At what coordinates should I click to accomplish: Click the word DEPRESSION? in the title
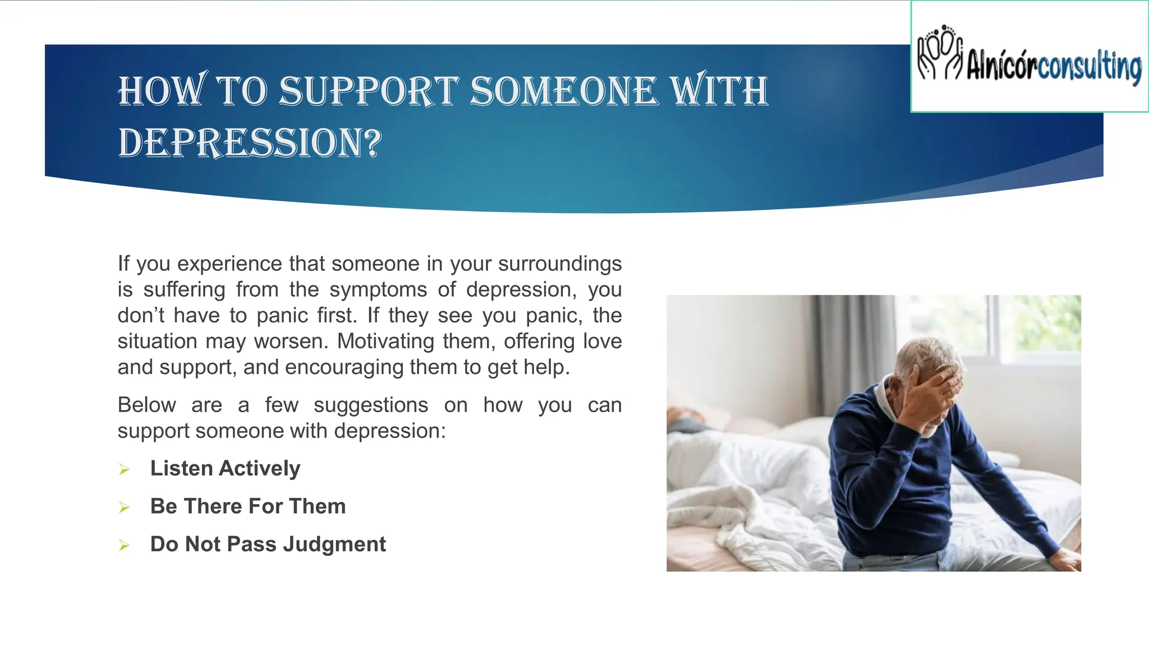(250, 142)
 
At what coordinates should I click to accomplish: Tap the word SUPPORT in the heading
(369, 91)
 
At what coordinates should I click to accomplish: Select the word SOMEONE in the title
(563, 91)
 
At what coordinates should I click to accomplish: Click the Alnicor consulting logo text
(1054, 67)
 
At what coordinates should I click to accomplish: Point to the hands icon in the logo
(940, 53)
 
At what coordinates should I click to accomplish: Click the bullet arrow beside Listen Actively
(125, 469)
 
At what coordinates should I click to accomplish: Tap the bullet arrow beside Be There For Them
(125, 507)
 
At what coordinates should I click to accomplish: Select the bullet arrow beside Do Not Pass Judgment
(125, 545)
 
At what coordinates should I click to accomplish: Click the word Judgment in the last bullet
(334, 545)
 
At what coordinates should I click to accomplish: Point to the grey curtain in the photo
(853, 348)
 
